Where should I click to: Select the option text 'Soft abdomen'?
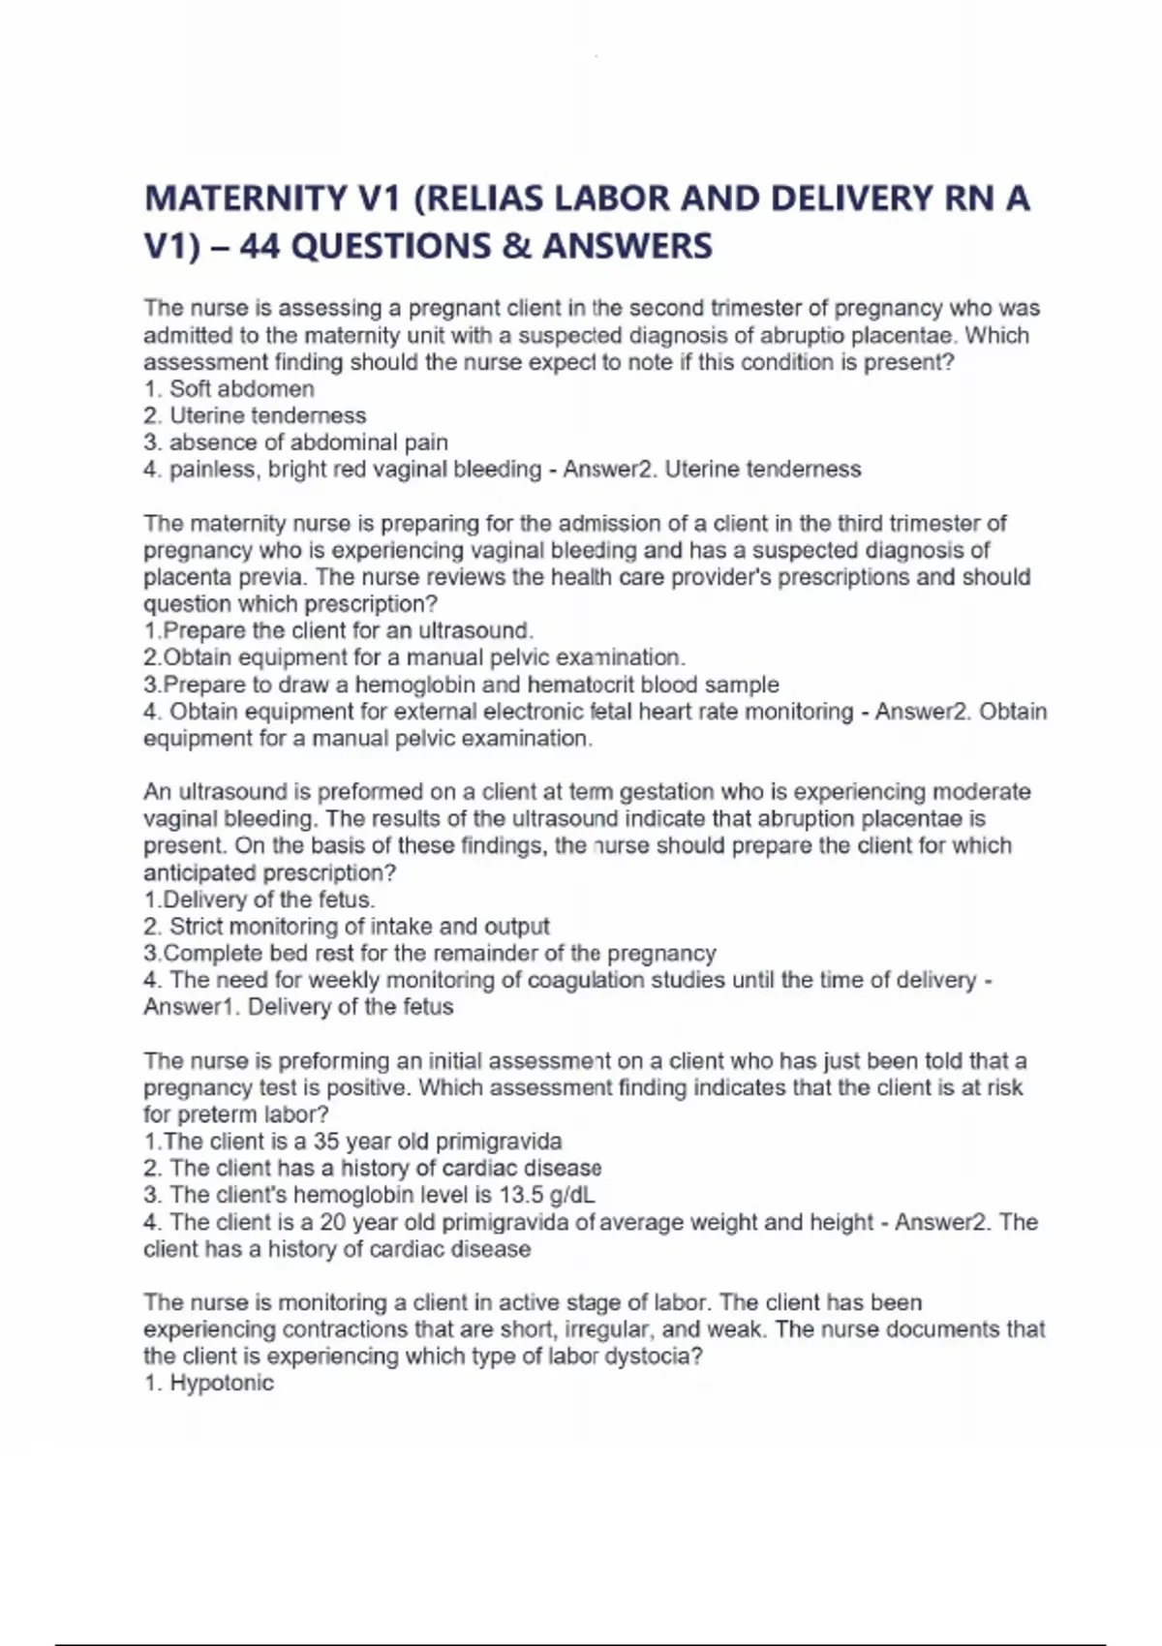241,389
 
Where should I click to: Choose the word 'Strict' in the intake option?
199,927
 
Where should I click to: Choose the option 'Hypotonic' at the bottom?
222,1383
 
